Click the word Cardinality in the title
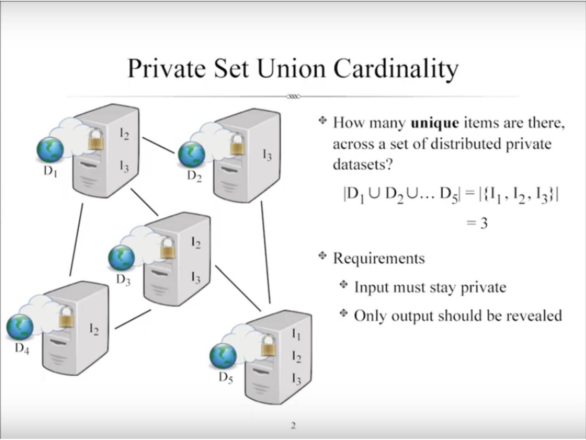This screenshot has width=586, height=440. pos(396,69)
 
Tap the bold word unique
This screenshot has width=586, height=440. pos(434,123)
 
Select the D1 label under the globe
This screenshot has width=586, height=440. pos(50,171)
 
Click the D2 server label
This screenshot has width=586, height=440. pos(194,176)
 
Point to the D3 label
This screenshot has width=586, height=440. pos(123,279)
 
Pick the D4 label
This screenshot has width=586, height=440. pos(22,348)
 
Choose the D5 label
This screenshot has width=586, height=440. pos(226,377)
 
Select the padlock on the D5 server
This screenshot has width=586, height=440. pos(268,346)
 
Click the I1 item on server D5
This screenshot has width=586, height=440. pos(296,334)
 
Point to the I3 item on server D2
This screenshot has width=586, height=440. pos(267,155)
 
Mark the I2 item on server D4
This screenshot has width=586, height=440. pos(94,329)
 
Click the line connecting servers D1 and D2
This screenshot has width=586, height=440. pos(158,145)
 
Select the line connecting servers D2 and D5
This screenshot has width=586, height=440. pos(265,252)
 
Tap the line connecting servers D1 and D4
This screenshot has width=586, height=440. pos(76,240)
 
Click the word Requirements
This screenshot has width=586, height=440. pos(379,258)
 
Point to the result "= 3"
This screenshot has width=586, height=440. pos(477,223)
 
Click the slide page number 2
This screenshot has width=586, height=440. pos(293,426)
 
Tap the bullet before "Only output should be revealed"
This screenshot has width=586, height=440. pos(343,313)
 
